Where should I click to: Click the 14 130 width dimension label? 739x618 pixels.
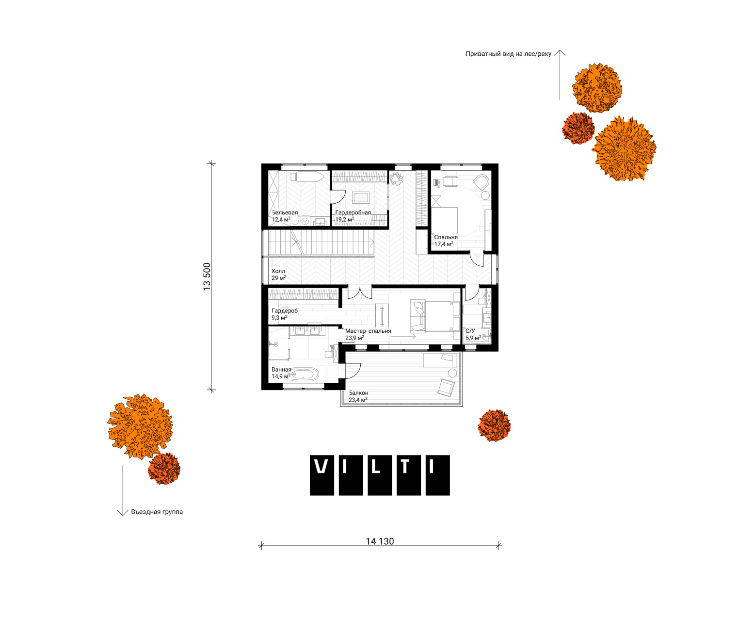click(x=379, y=541)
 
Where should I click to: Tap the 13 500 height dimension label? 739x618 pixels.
click(x=207, y=276)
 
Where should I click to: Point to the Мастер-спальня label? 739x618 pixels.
click(x=368, y=331)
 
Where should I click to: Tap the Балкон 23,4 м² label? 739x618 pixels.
click(x=358, y=396)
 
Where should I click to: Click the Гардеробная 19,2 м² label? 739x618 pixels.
click(x=353, y=216)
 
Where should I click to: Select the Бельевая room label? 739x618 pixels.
click(x=285, y=212)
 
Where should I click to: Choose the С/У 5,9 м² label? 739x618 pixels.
click(x=473, y=334)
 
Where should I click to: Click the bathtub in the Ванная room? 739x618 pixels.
click(x=305, y=374)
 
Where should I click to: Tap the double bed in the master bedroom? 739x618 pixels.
click(x=438, y=316)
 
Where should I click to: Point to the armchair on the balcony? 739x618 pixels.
click(x=446, y=388)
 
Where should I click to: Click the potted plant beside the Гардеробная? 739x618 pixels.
click(x=396, y=178)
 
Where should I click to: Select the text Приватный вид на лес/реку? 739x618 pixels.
click(x=508, y=54)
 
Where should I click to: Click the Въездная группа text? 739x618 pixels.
click(x=157, y=512)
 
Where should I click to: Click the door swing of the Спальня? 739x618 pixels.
click(x=476, y=259)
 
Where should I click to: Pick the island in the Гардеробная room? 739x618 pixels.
click(x=361, y=197)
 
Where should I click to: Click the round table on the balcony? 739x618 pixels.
click(x=452, y=373)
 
